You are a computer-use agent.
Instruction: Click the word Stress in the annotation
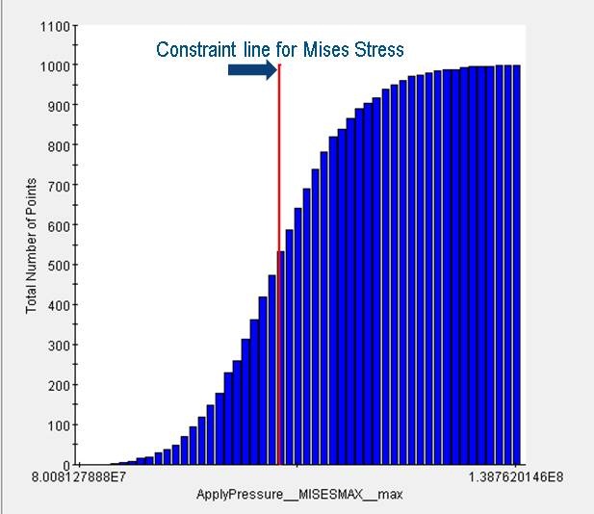[379, 49]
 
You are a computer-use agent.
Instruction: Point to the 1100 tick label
[55, 26]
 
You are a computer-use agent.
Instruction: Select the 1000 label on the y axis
[55, 65]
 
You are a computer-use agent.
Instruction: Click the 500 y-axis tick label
[58, 266]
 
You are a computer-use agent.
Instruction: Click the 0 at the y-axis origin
[65, 465]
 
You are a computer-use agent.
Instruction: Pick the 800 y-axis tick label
[58, 145]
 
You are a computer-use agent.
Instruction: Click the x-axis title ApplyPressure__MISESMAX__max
[299, 494]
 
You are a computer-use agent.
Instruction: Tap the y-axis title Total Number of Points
[31, 245]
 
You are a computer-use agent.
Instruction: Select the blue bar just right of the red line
[290, 347]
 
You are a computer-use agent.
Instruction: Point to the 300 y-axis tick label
[58, 346]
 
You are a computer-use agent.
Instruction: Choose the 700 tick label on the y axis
[58, 186]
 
